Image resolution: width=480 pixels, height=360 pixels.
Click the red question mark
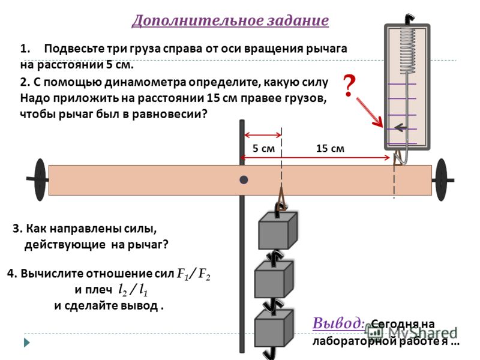(x=349, y=85)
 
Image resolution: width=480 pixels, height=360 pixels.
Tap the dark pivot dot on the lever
(x=244, y=179)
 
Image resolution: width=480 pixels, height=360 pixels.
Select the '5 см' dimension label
(x=263, y=148)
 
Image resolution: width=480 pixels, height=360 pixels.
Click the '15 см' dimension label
(x=330, y=148)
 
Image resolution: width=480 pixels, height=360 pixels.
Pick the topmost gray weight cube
(x=278, y=230)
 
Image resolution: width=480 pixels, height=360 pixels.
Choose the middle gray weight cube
(x=274, y=279)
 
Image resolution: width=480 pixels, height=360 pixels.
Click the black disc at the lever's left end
(x=40, y=179)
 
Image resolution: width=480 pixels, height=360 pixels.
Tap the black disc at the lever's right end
(x=441, y=179)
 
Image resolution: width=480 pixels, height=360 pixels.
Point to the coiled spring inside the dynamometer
(x=408, y=51)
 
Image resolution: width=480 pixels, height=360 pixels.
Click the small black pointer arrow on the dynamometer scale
(x=401, y=127)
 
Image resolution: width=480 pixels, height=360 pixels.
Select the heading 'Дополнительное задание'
(x=230, y=21)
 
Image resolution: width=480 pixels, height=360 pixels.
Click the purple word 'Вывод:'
(x=338, y=323)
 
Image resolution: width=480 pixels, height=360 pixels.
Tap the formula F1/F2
(x=194, y=274)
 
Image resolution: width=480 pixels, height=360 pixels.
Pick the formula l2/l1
(x=133, y=290)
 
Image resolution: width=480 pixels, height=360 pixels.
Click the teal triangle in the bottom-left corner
(x=27, y=343)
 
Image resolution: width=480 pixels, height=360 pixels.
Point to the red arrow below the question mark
(x=370, y=112)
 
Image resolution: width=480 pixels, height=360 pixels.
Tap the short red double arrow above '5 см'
(x=263, y=134)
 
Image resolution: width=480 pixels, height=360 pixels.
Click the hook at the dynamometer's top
(x=409, y=19)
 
